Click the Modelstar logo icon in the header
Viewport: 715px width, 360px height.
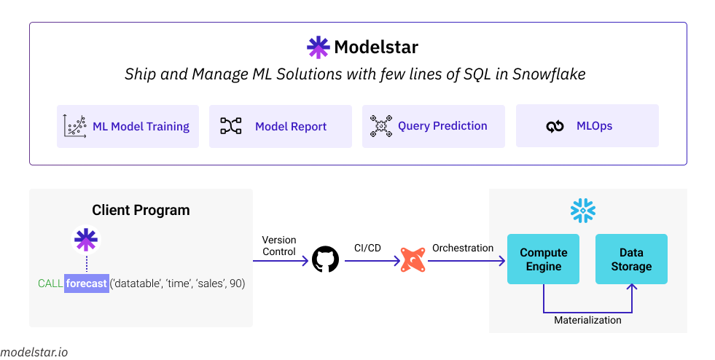318,47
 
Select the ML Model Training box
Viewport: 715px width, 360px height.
128,126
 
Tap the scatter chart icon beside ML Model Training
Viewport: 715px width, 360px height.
74,126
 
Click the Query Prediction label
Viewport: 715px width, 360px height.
442,126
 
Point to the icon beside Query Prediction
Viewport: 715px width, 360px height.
380,126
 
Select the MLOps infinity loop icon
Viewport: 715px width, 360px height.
555,127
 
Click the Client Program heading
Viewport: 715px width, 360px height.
141,211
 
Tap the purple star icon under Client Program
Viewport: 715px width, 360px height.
86,240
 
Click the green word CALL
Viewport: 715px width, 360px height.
50,283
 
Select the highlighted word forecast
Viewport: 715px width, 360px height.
87,283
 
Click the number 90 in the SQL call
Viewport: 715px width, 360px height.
236,283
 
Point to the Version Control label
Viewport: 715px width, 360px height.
279,246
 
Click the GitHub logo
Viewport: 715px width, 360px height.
325,259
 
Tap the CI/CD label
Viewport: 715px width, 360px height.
368,248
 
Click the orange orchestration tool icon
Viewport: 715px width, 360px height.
413,260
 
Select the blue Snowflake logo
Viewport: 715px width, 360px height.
582,211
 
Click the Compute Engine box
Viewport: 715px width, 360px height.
543,259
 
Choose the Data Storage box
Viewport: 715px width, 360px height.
631,259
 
